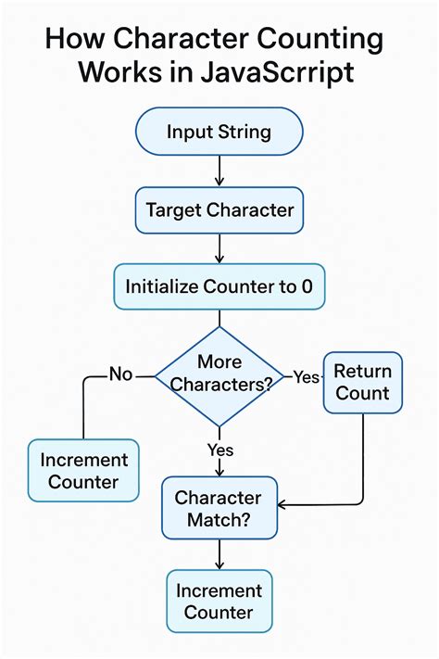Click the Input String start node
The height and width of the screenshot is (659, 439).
pos(219,131)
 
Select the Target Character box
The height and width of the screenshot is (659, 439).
pos(219,209)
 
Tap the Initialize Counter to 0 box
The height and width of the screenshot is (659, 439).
pos(219,286)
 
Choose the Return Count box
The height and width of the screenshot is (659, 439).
pos(362,382)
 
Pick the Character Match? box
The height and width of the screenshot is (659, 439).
pos(219,508)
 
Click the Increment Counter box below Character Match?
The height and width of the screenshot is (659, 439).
pos(219,601)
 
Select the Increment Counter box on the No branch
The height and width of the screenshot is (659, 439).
pos(83,470)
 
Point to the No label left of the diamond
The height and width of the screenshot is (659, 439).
pos(121,374)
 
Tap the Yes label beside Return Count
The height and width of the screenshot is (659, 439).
pos(306,376)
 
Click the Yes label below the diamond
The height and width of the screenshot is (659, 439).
pos(219,450)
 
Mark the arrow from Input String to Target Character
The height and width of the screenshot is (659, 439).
pos(219,170)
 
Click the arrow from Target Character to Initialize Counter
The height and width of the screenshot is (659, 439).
pos(219,247)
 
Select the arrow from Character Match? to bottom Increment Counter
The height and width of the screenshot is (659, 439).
pos(219,554)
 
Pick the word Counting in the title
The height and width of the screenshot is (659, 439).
pos(320,41)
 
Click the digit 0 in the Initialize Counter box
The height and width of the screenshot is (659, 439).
pos(307,286)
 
